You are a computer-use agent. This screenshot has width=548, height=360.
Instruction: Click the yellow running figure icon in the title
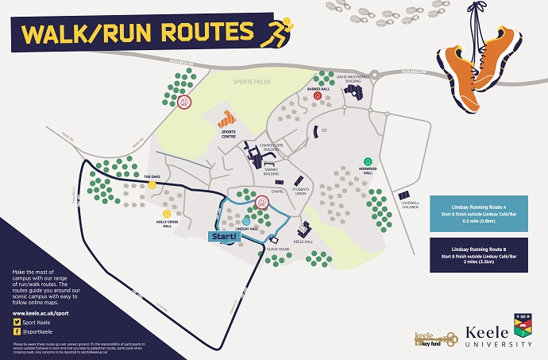click(280, 33)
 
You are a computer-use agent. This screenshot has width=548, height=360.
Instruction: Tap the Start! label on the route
click(223, 236)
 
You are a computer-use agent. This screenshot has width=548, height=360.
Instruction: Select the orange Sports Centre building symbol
click(229, 121)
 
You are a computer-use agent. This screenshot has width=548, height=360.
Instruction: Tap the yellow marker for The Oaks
click(152, 184)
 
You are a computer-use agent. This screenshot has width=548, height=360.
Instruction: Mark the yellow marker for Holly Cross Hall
click(167, 213)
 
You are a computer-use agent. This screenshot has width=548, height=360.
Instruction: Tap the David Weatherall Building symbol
click(353, 91)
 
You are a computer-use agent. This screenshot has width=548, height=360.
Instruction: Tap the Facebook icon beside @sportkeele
click(17, 334)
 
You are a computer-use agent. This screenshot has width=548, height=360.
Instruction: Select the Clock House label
click(278, 249)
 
